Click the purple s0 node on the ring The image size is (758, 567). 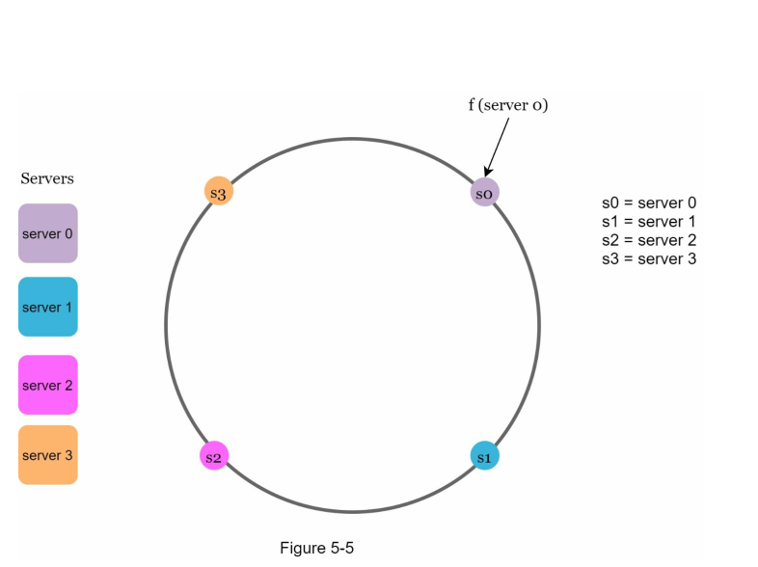click(x=485, y=193)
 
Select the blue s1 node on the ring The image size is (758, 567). click(x=485, y=456)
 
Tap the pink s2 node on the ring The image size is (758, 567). click(x=214, y=456)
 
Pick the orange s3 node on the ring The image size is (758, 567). click(x=219, y=192)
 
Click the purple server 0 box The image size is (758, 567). click(x=47, y=233)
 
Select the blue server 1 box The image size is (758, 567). click(x=47, y=307)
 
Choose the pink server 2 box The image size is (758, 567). click(x=47, y=385)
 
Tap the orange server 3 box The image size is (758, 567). click(x=47, y=454)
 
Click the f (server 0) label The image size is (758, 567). click(x=508, y=105)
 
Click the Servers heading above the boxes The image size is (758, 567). click(x=47, y=178)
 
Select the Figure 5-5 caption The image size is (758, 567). click(x=317, y=548)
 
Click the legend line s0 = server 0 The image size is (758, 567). click(x=649, y=203)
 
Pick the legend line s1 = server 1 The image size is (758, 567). click(x=649, y=222)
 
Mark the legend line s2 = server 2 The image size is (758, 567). click(x=649, y=240)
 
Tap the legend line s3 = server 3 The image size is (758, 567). click(x=649, y=258)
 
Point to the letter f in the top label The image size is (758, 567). click(x=472, y=105)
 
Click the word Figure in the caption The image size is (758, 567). click(x=303, y=548)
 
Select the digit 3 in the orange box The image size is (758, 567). click(x=69, y=454)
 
